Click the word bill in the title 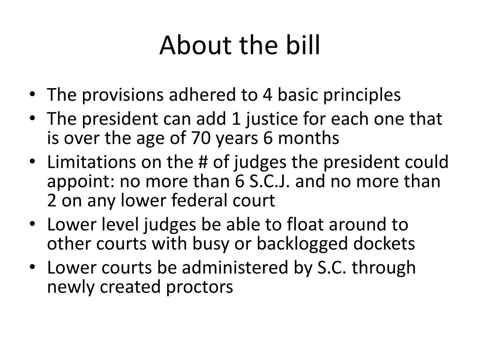pos(305,45)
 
